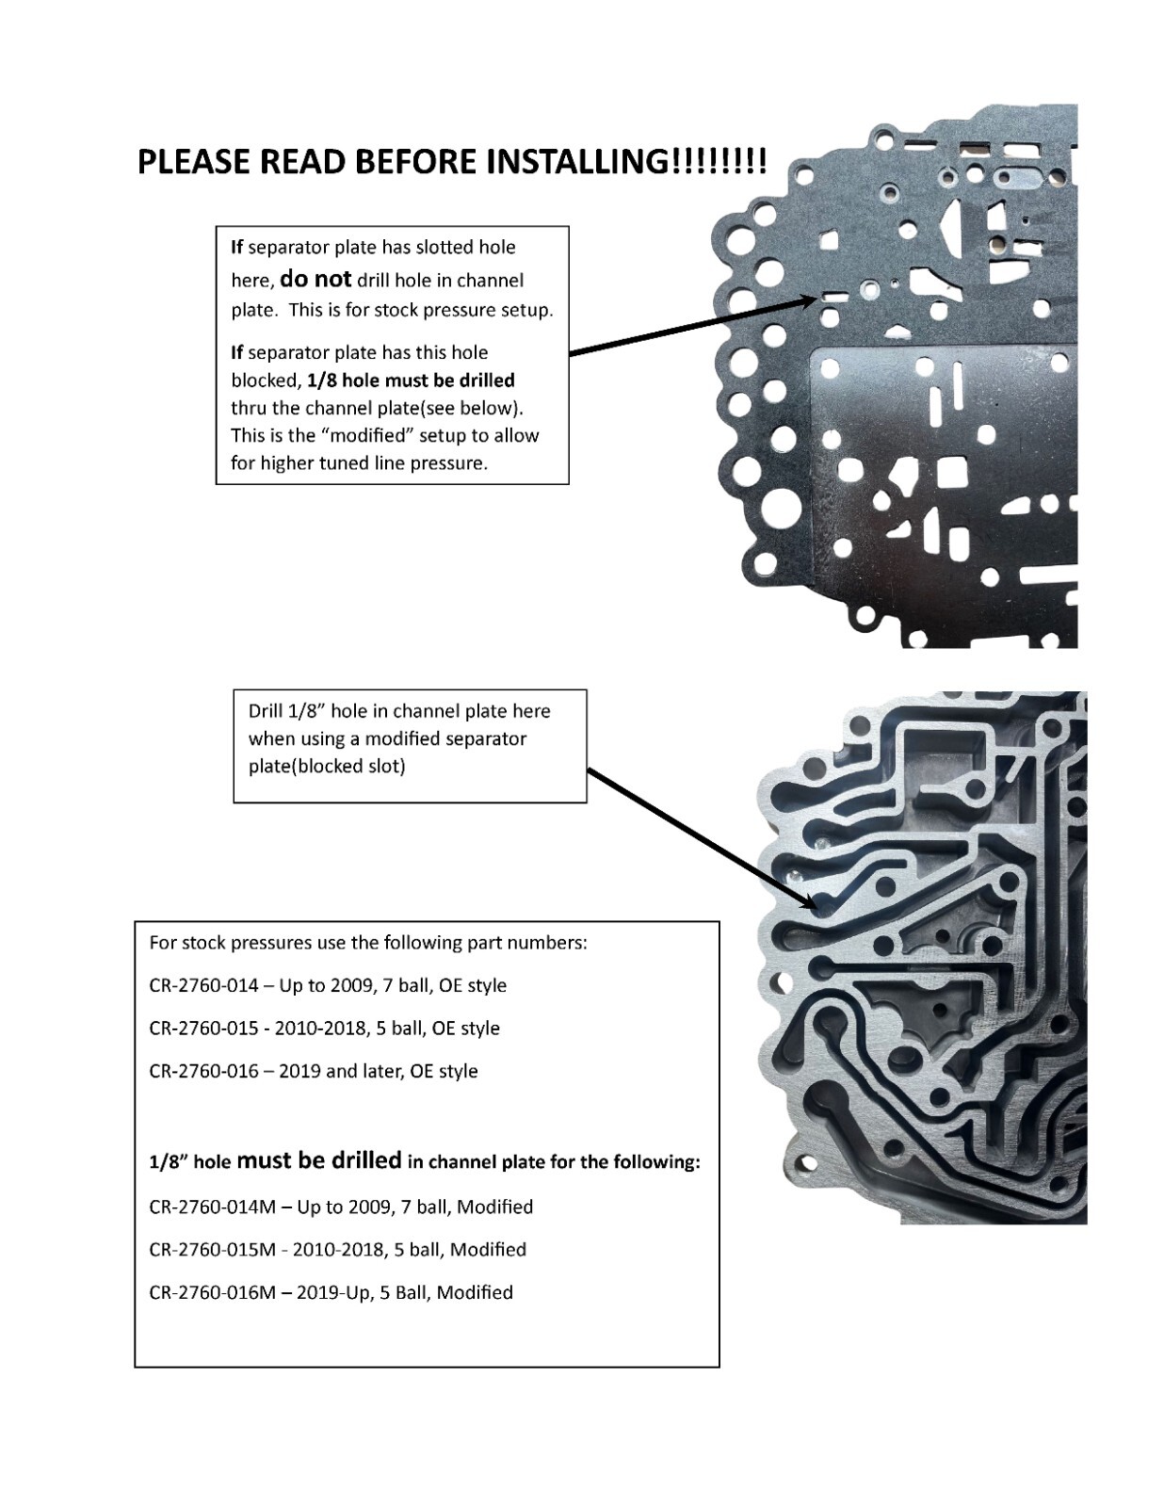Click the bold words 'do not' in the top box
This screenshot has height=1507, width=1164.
315,279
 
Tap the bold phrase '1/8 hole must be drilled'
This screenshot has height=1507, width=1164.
411,380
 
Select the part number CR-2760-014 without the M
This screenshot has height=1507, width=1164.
203,985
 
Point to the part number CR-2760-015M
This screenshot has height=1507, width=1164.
213,1249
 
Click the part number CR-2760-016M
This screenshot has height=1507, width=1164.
213,1292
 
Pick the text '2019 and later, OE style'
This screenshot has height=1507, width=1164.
378,1071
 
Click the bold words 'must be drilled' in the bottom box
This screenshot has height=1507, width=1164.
318,1160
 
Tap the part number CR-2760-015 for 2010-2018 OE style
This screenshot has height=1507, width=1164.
203,1028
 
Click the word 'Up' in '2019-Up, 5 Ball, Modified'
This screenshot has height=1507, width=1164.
359,1292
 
